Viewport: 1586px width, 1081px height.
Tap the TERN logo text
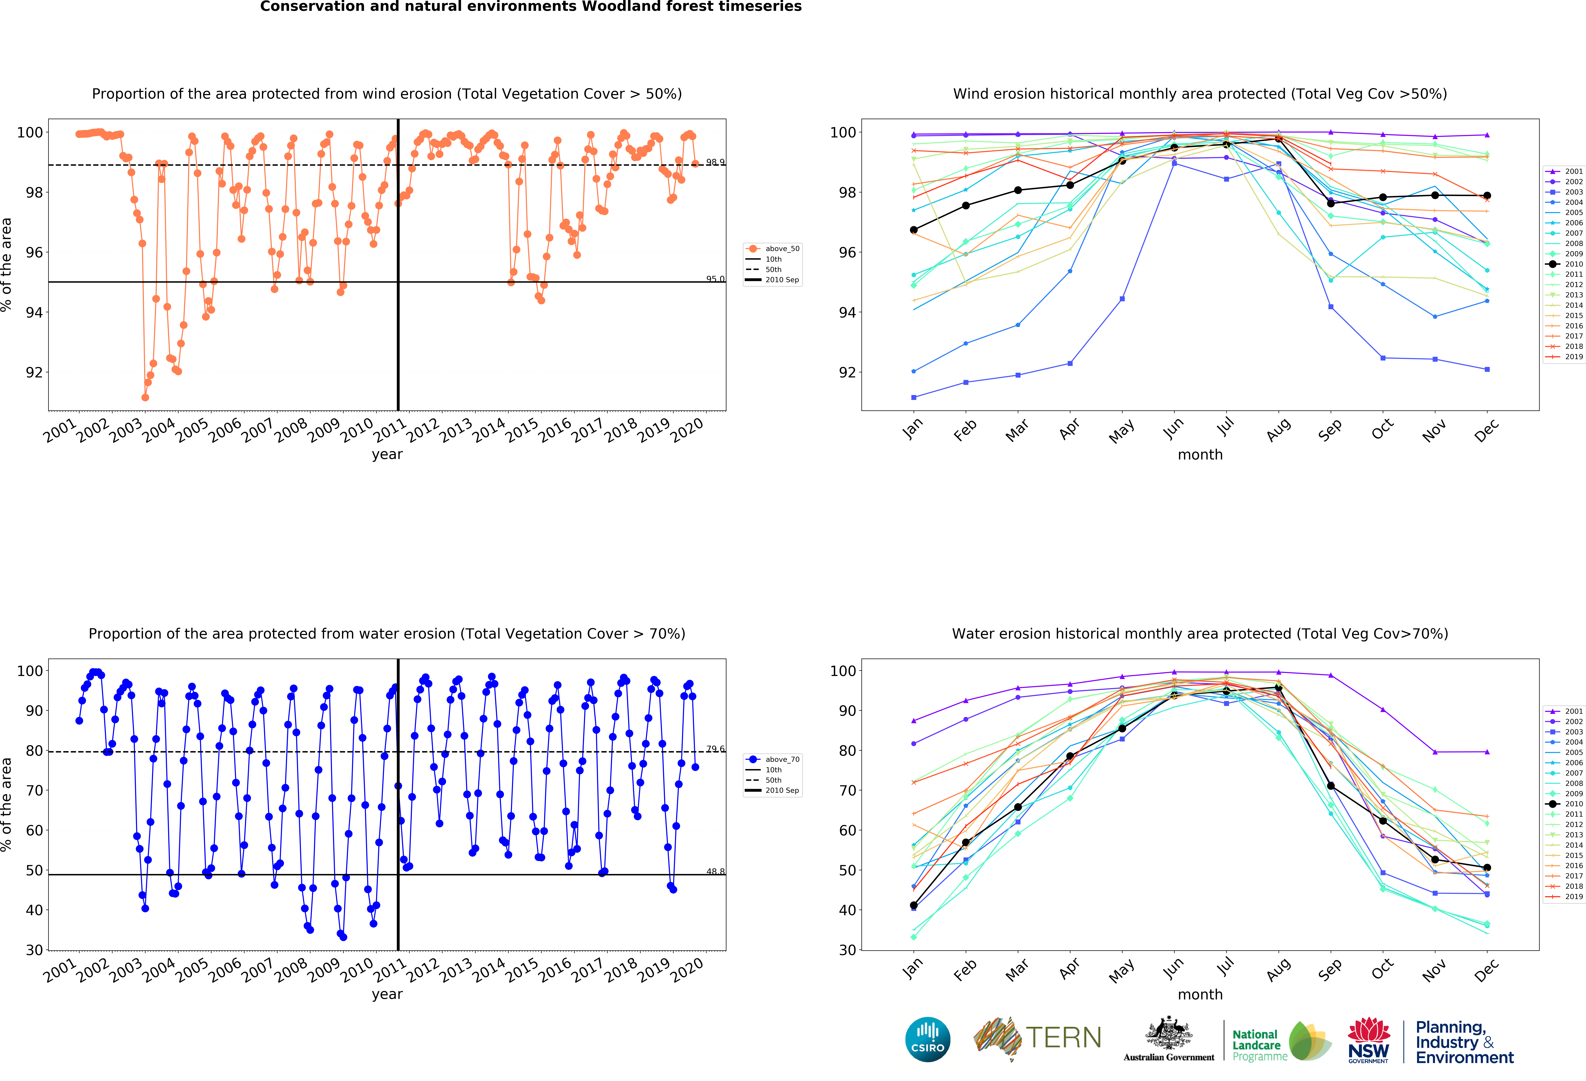pyautogui.click(x=1063, y=1038)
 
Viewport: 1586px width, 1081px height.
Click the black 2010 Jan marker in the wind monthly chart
pyautogui.click(x=914, y=230)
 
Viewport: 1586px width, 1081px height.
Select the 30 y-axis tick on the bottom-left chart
pyautogui.click(x=34, y=950)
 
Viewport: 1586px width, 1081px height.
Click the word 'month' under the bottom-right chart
pyautogui.click(x=1200, y=994)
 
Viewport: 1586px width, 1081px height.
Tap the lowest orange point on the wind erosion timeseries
pyautogui.click(x=145, y=397)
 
